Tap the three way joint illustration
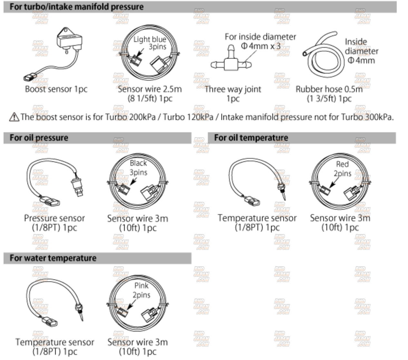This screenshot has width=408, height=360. tap(231, 60)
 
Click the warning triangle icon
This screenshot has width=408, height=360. tap(14, 117)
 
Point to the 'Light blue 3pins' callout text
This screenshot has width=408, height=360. tap(150, 43)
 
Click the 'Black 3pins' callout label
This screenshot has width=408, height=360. tap(138, 168)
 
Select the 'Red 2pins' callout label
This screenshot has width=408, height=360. tap(342, 169)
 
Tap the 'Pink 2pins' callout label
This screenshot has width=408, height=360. tap(141, 290)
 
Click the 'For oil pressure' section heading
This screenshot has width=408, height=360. tap(39, 138)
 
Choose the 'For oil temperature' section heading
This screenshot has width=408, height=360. tap(251, 138)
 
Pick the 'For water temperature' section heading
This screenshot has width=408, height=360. tap(53, 258)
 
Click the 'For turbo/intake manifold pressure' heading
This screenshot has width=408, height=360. tap(76, 7)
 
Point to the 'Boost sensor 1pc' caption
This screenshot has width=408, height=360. tap(56, 89)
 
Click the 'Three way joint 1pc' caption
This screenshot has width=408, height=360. tap(233, 94)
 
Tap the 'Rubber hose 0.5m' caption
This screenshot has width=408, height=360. tap(329, 89)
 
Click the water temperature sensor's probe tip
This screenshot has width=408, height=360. tap(83, 321)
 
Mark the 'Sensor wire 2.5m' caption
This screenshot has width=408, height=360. tap(150, 89)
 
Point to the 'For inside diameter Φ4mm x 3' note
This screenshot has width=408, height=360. tap(260, 42)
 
